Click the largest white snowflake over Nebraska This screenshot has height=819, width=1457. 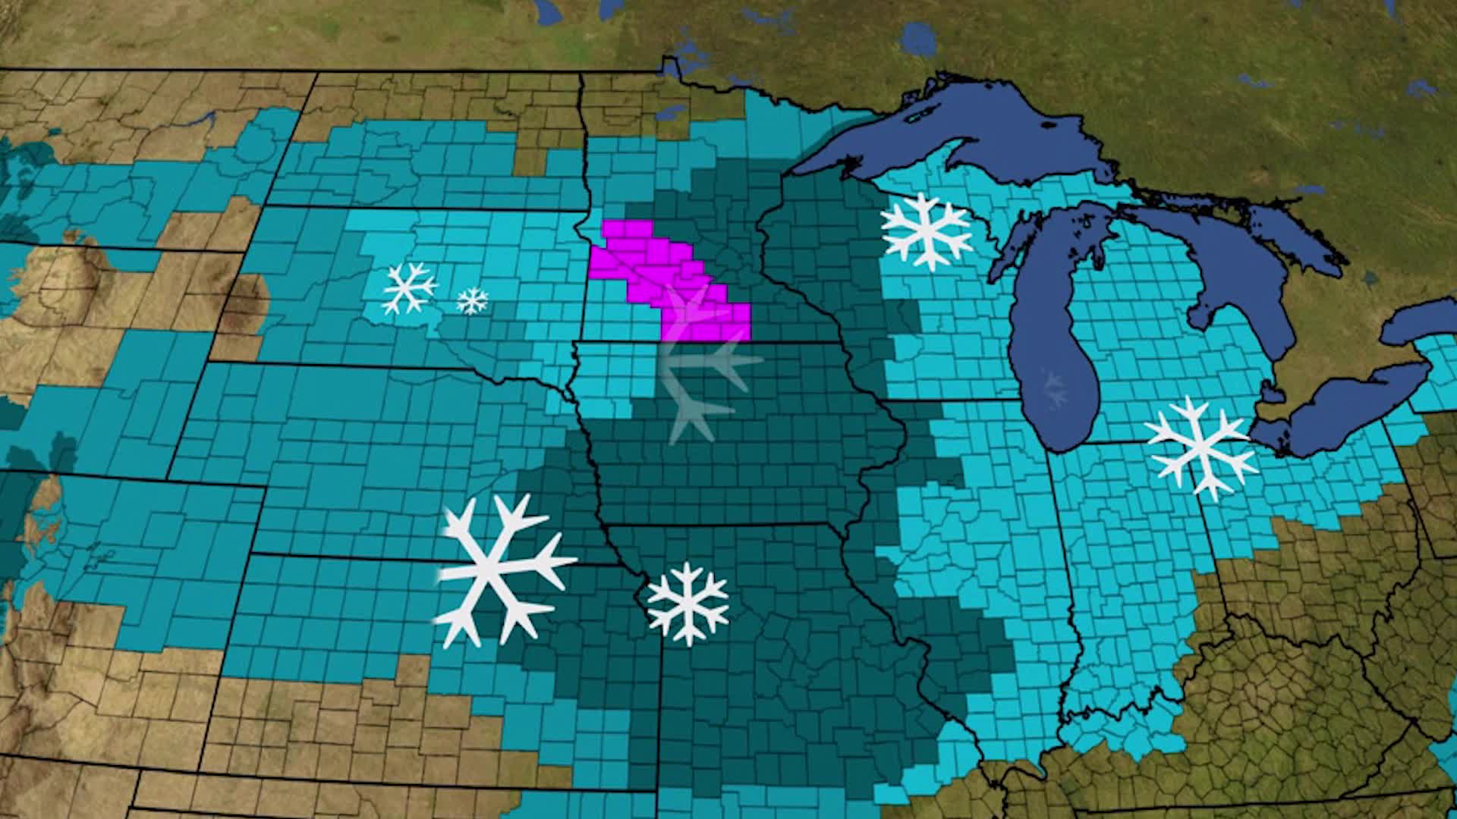501,569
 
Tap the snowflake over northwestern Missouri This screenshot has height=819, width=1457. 688,603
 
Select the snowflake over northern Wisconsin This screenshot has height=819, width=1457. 926,231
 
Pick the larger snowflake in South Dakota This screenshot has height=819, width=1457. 409,288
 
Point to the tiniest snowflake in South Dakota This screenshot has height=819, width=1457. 472,301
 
